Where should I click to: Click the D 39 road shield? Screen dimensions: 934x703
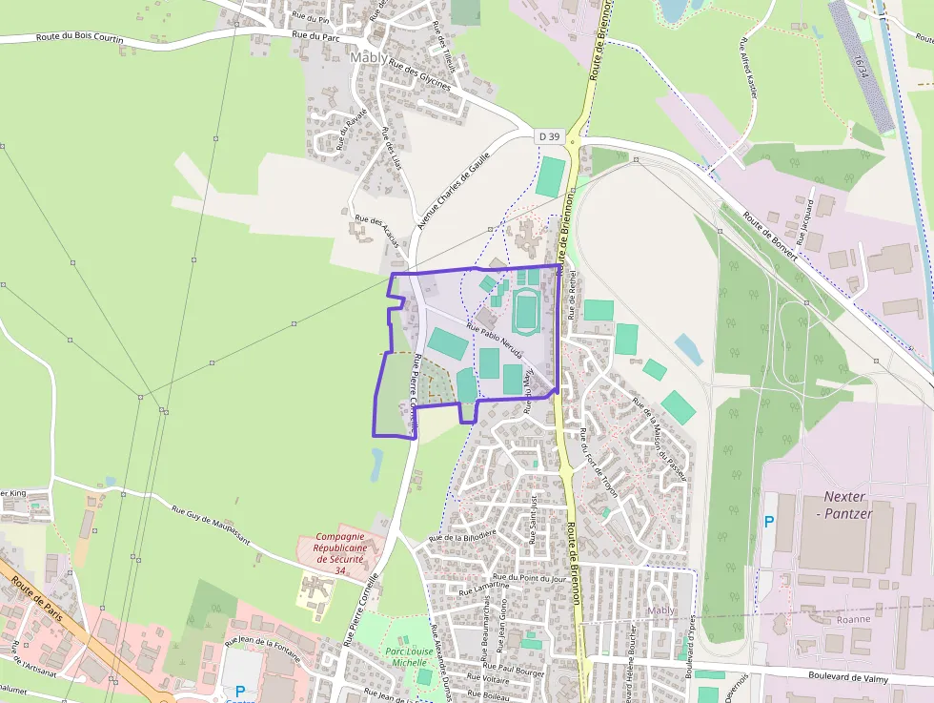pos(549,136)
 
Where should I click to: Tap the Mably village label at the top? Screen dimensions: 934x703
pos(370,57)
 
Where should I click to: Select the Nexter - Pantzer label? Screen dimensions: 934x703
pos(846,506)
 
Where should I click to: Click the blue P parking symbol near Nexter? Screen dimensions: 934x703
pos(769,522)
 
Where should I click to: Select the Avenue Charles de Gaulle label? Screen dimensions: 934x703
pos(454,190)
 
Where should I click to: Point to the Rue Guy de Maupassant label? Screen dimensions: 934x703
pos(211,524)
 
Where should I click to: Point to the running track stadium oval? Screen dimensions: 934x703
pos(525,311)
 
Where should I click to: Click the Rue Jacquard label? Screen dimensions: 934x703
pos(805,225)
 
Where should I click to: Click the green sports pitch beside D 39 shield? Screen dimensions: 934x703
pos(550,177)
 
